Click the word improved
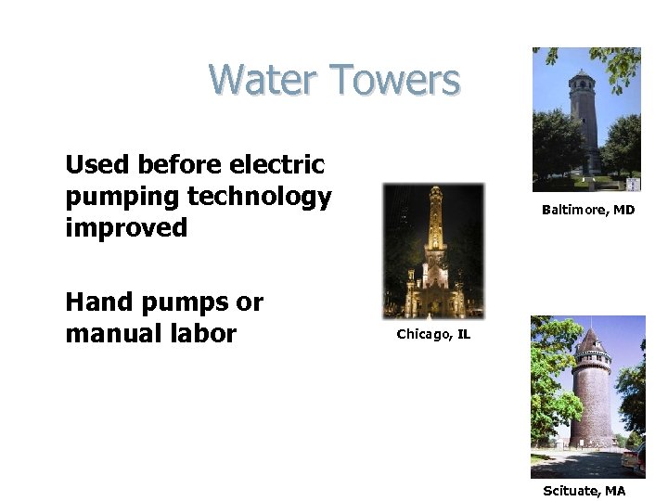[126, 227]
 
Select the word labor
[206, 333]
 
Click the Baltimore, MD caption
[588, 210]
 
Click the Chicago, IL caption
[433, 334]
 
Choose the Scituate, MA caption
[584, 491]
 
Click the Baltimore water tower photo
[585, 119]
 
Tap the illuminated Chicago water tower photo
[433, 250]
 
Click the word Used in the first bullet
[97, 165]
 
